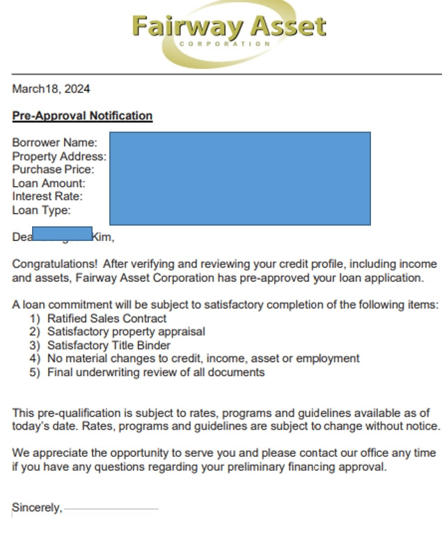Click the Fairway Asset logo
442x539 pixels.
click(228, 31)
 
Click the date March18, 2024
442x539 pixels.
click(51, 89)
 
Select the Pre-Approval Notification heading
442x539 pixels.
click(82, 116)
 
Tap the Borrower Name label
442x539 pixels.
click(55, 143)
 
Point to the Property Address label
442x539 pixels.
click(59, 157)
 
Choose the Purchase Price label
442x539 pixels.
click(53, 169)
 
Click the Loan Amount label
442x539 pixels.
click(49, 183)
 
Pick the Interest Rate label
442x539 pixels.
click(47, 196)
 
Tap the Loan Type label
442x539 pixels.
click(42, 210)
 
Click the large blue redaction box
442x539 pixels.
click(239, 178)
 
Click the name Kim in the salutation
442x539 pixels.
click(102, 237)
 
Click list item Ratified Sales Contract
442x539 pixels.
click(106, 318)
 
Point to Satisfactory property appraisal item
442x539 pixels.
click(126, 331)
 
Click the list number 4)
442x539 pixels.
click(34, 359)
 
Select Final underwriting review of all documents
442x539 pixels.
click(156, 372)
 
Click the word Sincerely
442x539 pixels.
click(36, 508)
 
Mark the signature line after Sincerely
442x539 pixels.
click(111, 509)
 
